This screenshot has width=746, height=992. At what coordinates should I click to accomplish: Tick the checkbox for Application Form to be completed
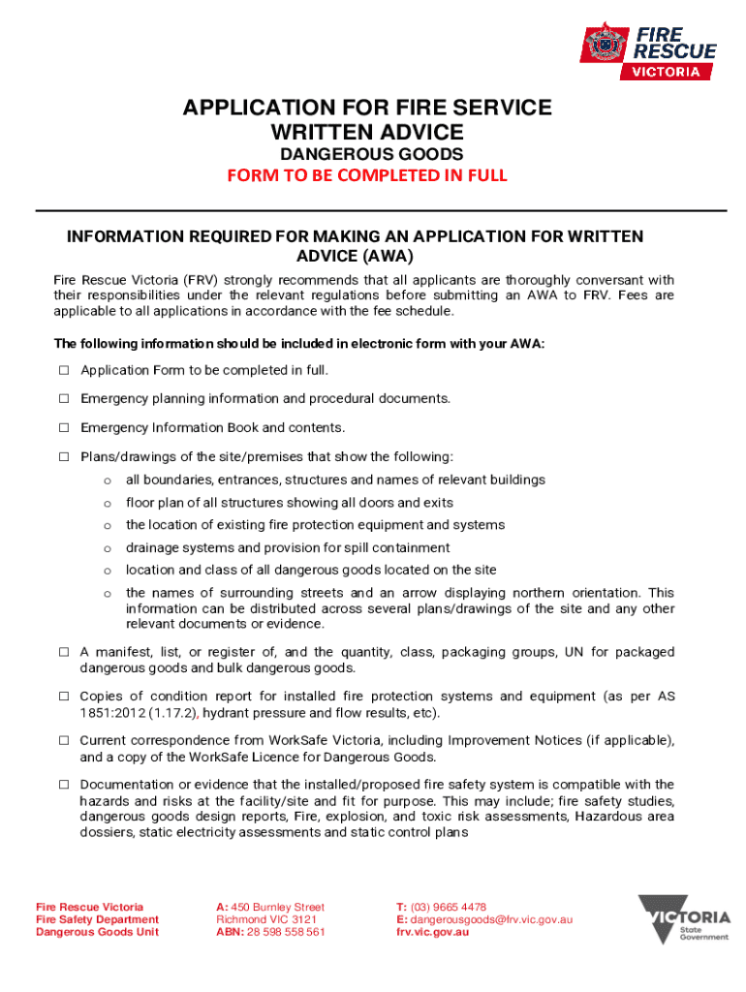coord(64,371)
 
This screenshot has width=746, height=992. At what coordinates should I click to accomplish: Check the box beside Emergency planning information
coord(64,399)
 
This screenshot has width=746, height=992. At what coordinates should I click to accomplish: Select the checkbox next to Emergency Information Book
coord(64,428)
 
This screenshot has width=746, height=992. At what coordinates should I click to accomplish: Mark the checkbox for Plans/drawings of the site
coord(64,456)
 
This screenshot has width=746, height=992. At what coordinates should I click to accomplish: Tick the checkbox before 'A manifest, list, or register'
coord(64,653)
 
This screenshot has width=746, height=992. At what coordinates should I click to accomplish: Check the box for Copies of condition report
coord(64,697)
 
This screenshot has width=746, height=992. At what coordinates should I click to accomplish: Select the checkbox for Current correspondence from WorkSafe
coord(64,741)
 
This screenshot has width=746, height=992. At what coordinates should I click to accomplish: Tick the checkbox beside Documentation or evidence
coord(64,785)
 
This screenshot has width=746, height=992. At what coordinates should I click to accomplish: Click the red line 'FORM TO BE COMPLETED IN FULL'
coord(367,175)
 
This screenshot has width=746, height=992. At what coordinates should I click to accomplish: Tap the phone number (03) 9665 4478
coord(449,907)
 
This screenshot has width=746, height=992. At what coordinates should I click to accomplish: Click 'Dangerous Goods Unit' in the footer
coord(97,932)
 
